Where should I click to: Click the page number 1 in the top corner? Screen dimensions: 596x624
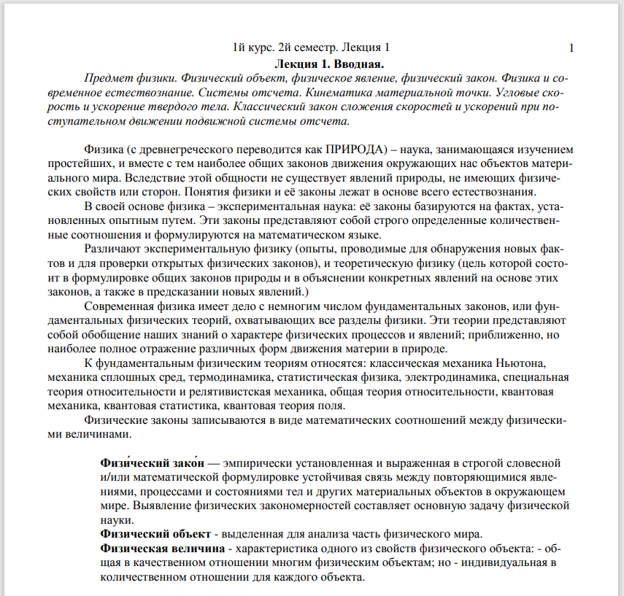(571, 48)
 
